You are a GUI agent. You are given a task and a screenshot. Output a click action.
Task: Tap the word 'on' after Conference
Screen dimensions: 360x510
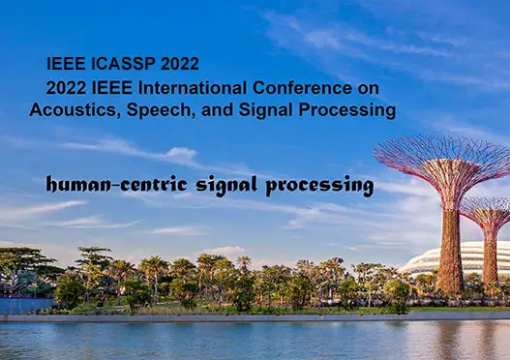pos(370,87)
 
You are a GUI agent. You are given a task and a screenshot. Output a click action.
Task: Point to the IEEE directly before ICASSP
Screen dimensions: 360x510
pos(65,64)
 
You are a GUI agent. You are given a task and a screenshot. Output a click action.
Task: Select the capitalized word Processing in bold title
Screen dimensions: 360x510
pos(353,110)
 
